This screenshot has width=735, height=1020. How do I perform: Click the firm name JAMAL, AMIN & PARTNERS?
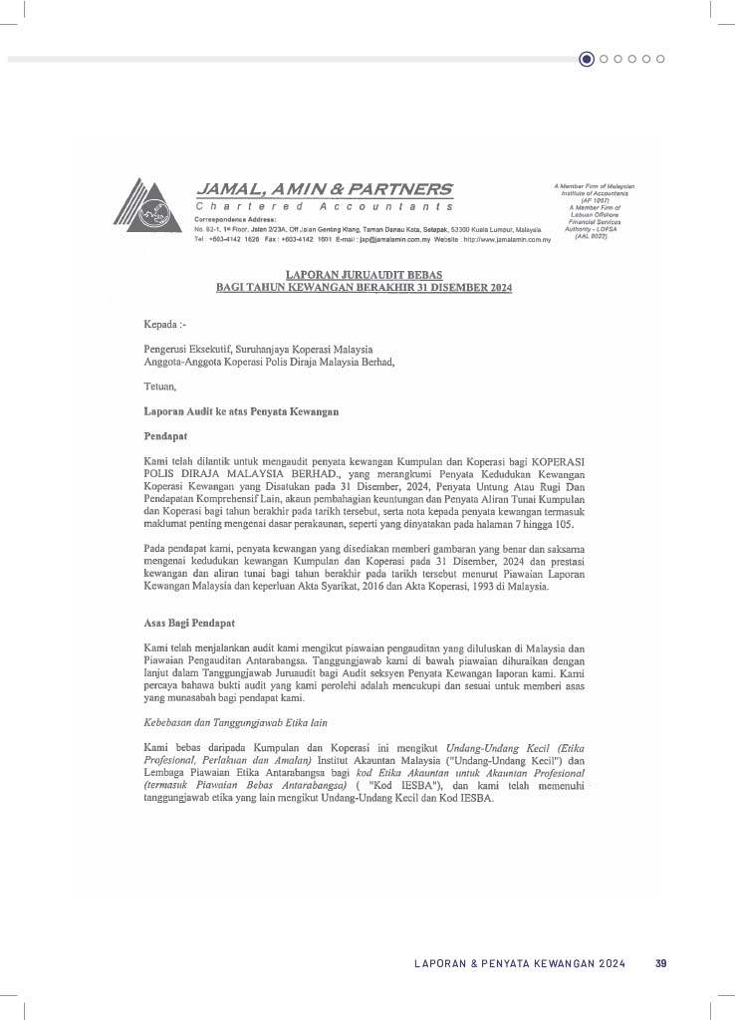tap(323, 189)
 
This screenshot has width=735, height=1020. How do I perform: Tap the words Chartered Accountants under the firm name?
tap(324, 206)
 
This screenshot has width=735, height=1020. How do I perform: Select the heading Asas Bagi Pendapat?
tap(189, 624)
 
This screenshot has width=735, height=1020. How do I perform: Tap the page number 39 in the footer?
tap(660, 963)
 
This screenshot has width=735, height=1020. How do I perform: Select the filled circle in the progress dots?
tap(587, 59)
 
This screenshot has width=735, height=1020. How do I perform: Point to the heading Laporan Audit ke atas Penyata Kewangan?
tap(243, 411)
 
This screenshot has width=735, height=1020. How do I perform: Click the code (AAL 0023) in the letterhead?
tap(593, 235)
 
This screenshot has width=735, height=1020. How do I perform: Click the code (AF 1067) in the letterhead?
tap(594, 200)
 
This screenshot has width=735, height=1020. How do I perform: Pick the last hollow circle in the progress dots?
tap(660, 59)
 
